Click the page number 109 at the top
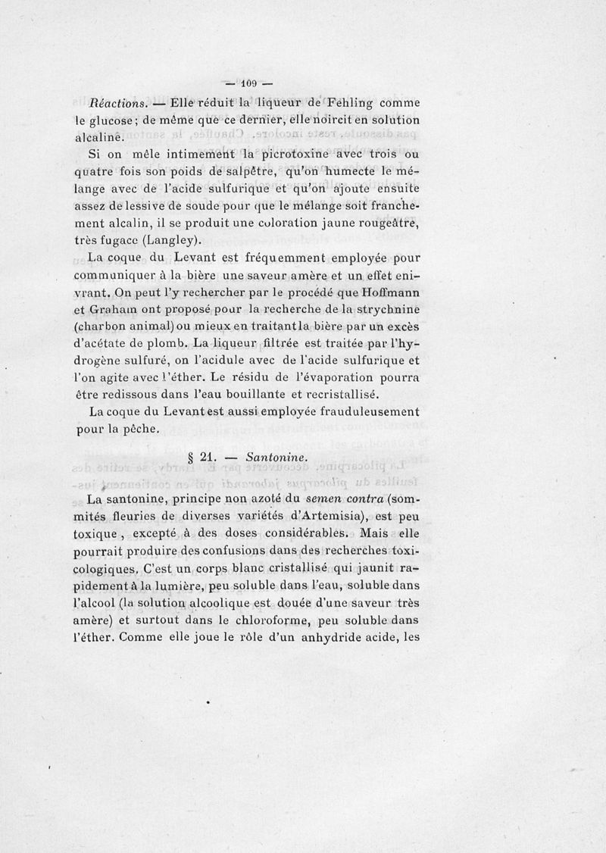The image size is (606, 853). click(x=250, y=83)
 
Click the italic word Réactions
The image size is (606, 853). click(x=120, y=102)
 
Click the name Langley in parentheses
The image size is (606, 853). click(x=170, y=242)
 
